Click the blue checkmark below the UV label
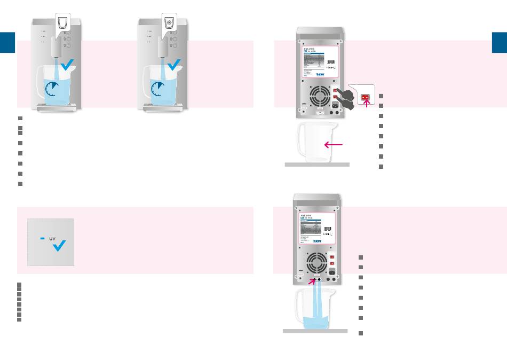[x=59, y=245]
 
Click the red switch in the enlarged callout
[x=366, y=98]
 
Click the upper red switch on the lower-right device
[x=333, y=254]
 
